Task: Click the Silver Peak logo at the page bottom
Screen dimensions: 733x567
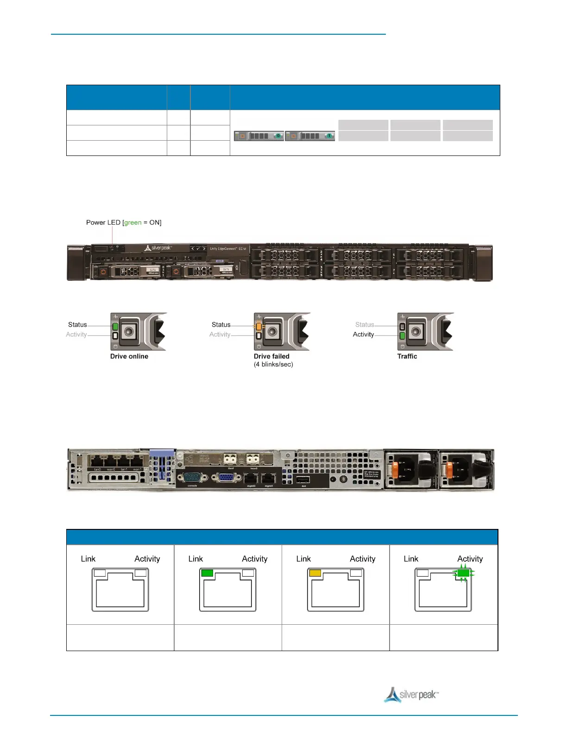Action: tap(411, 695)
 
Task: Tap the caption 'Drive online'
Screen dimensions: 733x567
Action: tap(129, 356)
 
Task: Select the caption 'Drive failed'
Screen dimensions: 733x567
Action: tap(271, 356)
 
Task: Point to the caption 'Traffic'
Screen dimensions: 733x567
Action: tap(407, 356)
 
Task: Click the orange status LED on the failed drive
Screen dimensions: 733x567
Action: tap(258, 326)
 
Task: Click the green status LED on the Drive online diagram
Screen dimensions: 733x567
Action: tap(115, 326)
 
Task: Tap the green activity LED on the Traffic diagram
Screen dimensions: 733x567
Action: tap(402, 335)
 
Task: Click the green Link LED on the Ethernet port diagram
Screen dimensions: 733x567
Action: tap(207, 573)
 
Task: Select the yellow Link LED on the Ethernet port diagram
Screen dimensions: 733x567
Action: tap(315, 573)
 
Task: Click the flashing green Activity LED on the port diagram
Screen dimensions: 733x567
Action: tap(463, 573)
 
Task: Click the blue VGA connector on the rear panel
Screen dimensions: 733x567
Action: tap(226, 477)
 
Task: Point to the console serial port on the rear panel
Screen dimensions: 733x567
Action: tap(192, 477)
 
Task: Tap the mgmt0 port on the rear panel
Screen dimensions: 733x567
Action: tap(251, 478)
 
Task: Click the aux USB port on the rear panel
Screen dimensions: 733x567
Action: tap(303, 479)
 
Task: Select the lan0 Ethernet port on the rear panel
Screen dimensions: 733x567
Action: tap(97, 461)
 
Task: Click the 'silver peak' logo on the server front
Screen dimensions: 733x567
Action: tap(158, 248)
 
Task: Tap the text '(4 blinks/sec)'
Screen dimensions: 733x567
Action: tap(273, 365)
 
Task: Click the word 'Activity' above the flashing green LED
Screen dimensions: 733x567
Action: tap(470, 559)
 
